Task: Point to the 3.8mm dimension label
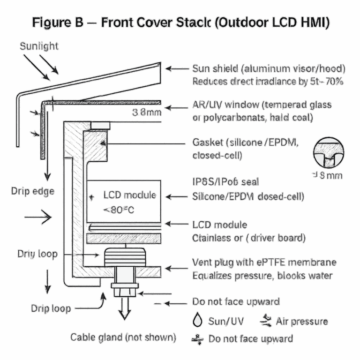pos(147,112)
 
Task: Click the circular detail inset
pos(329,152)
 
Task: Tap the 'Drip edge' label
pos(32,191)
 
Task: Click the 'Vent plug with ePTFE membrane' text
pos(264,262)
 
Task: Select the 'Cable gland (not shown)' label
pos(123,337)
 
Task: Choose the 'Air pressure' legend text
pos(302,321)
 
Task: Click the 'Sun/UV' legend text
pos(225,321)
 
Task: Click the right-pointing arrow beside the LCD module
pos(37,217)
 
